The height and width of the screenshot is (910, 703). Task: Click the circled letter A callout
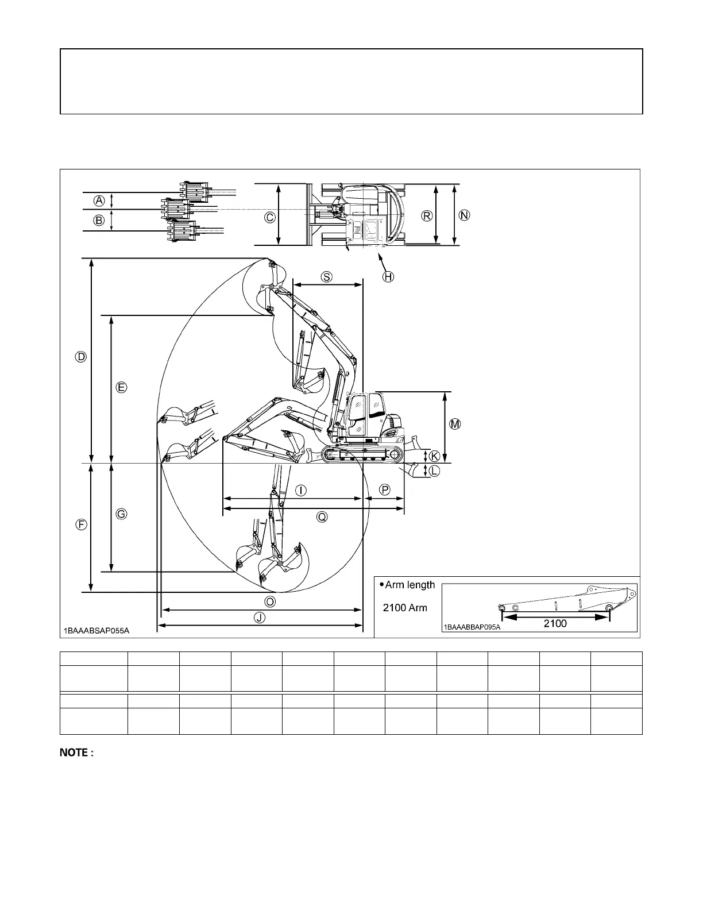99,200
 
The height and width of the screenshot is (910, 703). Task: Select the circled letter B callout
99,220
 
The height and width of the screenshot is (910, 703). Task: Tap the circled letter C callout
269,217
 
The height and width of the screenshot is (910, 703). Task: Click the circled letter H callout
388,277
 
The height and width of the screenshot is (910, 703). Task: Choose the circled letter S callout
326,276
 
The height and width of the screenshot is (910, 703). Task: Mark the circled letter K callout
434,456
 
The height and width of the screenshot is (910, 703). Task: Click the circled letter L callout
434,471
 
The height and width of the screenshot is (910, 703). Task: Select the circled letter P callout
385,489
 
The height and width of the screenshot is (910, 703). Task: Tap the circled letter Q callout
322,517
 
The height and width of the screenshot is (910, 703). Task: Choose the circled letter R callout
427,216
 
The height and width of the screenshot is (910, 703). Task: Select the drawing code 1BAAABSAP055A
96,631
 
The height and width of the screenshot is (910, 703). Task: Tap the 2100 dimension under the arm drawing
555,623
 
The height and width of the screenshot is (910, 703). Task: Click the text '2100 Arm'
405,607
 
